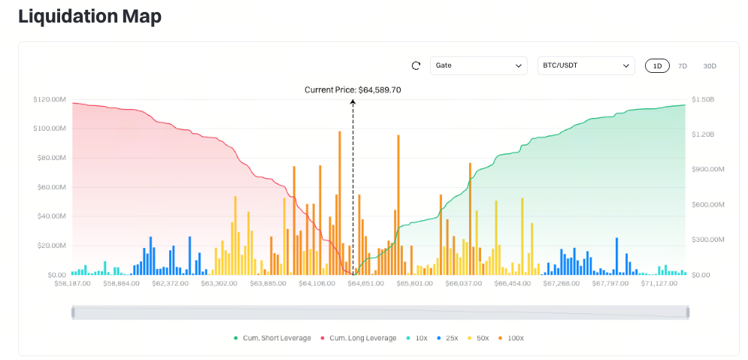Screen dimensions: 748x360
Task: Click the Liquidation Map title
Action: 89,17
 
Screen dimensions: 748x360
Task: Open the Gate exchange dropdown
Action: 478,66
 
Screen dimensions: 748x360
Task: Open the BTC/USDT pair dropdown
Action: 586,66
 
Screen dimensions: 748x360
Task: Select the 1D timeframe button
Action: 657,66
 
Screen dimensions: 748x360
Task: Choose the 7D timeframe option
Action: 683,66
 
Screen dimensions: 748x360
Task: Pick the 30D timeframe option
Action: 710,66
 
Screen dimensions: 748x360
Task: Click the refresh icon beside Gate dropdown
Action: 416,66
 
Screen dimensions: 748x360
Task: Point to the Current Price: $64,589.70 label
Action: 353,89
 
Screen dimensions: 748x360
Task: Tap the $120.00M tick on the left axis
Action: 50,100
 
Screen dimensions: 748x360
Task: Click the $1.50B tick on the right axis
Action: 703,100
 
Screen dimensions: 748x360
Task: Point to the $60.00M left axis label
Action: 51,187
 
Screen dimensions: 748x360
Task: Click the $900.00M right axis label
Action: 708,170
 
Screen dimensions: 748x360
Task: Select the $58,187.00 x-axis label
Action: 72,283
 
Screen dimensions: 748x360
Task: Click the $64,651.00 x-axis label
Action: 365,283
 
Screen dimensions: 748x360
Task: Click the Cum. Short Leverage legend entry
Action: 272,338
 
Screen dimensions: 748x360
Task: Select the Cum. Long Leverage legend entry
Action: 359,338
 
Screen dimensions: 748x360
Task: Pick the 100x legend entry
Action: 511,338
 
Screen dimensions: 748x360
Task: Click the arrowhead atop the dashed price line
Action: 353,101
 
